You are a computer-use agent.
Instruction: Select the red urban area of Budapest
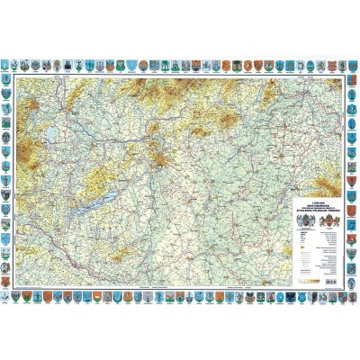pyautogui.click(x=160, y=162)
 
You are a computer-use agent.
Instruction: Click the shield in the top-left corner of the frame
pyautogui.click(x=8, y=65)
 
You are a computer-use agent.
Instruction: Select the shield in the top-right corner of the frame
pyautogui.click(x=352, y=65)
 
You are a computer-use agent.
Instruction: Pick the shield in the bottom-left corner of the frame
pyautogui.click(x=8, y=294)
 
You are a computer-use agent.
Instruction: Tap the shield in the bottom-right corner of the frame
pyautogui.click(x=352, y=294)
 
